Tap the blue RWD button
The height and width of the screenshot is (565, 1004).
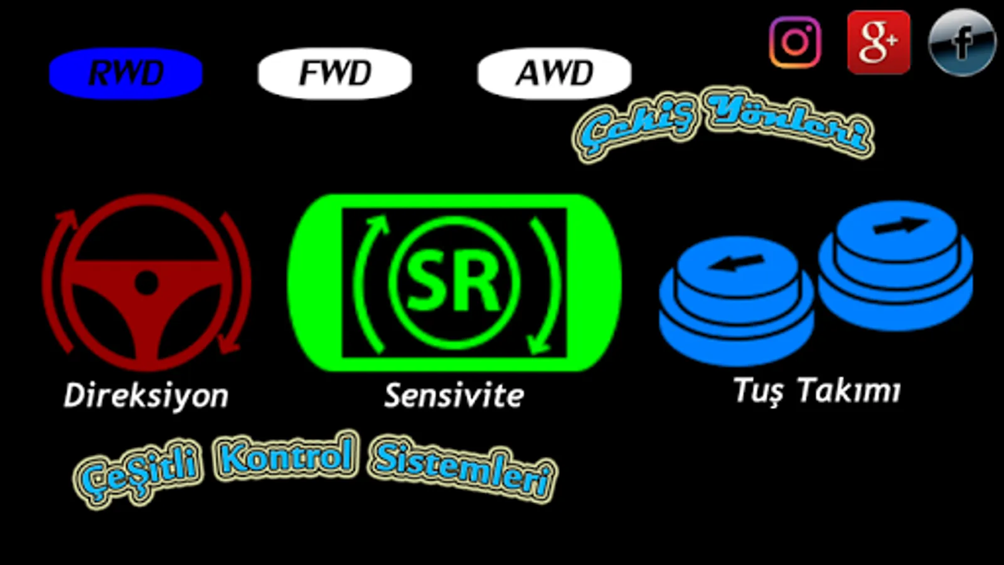tap(126, 73)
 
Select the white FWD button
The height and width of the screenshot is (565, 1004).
tap(335, 73)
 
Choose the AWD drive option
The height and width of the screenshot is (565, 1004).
tap(555, 73)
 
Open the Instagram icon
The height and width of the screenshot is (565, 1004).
tap(795, 43)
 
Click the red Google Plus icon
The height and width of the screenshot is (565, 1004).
tap(878, 43)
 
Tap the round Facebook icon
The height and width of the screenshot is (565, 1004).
tap(963, 43)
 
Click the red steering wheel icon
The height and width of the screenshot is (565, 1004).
tap(147, 282)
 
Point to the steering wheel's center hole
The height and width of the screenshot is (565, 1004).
tap(146, 283)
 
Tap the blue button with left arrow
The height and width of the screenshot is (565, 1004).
tap(737, 301)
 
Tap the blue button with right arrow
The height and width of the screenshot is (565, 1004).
tap(895, 266)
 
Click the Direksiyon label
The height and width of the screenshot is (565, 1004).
tap(146, 395)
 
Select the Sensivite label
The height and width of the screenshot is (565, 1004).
tap(454, 395)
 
